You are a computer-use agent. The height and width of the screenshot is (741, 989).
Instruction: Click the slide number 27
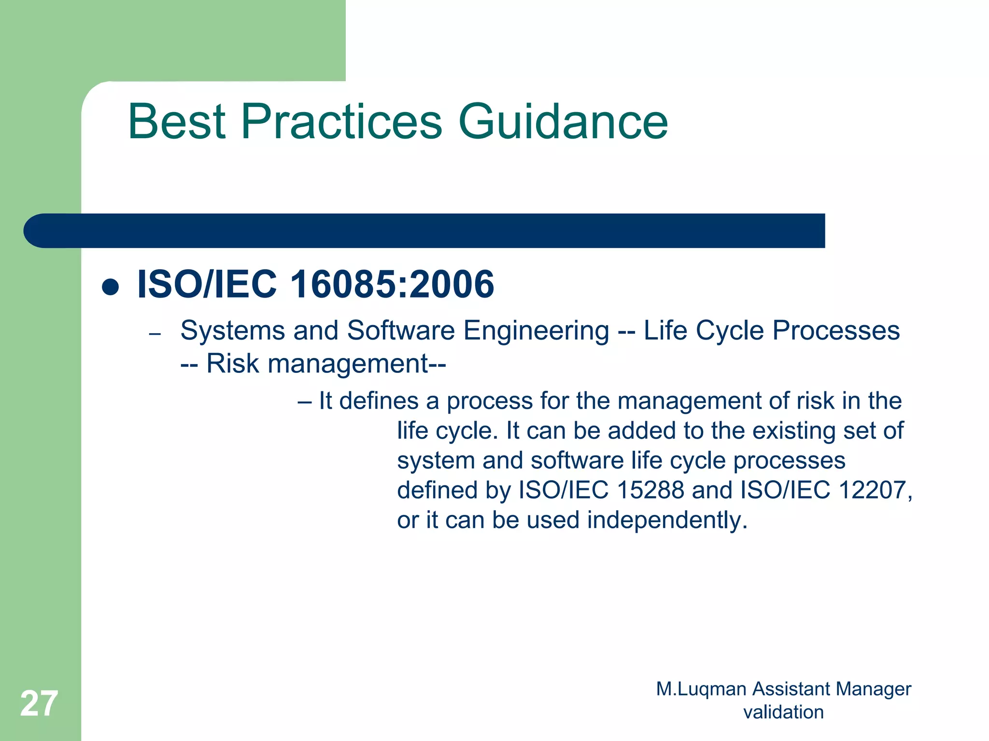(x=39, y=704)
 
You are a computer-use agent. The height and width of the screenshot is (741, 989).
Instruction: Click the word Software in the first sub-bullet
(x=401, y=331)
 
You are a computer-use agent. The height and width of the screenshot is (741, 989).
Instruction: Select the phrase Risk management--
(x=326, y=364)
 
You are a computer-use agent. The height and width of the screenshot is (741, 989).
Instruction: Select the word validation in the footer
(x=783, y=712)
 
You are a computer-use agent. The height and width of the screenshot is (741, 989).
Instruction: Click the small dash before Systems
(x=155, y=334)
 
